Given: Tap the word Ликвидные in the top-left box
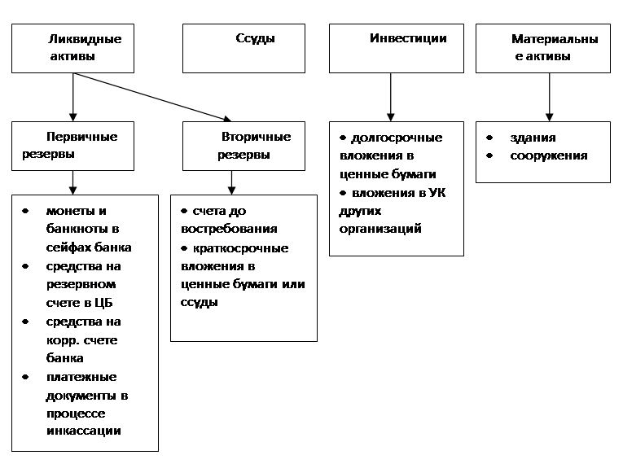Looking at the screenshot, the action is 85,39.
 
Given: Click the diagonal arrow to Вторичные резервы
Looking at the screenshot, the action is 152,97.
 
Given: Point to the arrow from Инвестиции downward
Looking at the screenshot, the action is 391,97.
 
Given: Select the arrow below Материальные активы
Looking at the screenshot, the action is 549,97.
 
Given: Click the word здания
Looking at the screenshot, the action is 533,138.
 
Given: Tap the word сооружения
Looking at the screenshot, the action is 549,155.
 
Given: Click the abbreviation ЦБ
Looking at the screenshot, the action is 103,303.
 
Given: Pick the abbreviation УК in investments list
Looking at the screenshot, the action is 437,193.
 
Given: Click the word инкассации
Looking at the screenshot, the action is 84,431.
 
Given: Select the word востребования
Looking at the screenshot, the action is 229,229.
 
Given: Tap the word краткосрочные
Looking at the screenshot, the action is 241,248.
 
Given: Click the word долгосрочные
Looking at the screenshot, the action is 397,138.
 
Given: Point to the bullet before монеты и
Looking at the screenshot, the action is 25,211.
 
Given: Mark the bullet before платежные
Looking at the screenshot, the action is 25,377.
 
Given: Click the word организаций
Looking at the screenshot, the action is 380,229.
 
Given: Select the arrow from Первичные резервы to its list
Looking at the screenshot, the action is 72,182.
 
